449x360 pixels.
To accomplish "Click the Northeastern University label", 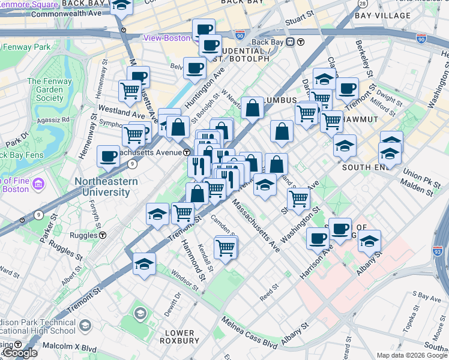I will click(x=102, y=187).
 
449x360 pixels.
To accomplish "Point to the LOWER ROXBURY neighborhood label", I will click(x=179, y=337).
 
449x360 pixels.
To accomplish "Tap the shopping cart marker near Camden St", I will click(x=225, y=247).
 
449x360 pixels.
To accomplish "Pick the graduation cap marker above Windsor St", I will click(x=145, y=264).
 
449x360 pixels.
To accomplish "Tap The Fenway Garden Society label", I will click(x=45, y=89).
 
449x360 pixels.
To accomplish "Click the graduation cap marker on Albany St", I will click(x=370, y=241).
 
